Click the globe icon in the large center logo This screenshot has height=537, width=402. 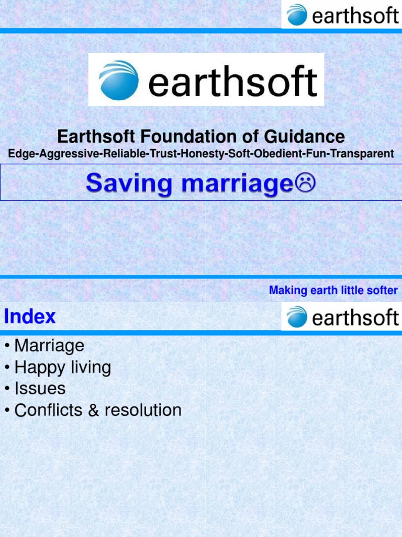(119, 80)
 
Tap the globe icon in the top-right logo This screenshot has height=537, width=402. (297, 14)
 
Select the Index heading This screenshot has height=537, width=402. (30, 316)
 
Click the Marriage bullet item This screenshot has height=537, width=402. (49, 346)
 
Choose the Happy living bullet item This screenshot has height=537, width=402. (62, 367)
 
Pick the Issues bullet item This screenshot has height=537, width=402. (40, 389)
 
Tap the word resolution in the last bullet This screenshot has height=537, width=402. (143, 410)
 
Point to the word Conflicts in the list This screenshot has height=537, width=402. (49, 410)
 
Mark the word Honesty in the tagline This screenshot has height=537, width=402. (198, 154)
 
